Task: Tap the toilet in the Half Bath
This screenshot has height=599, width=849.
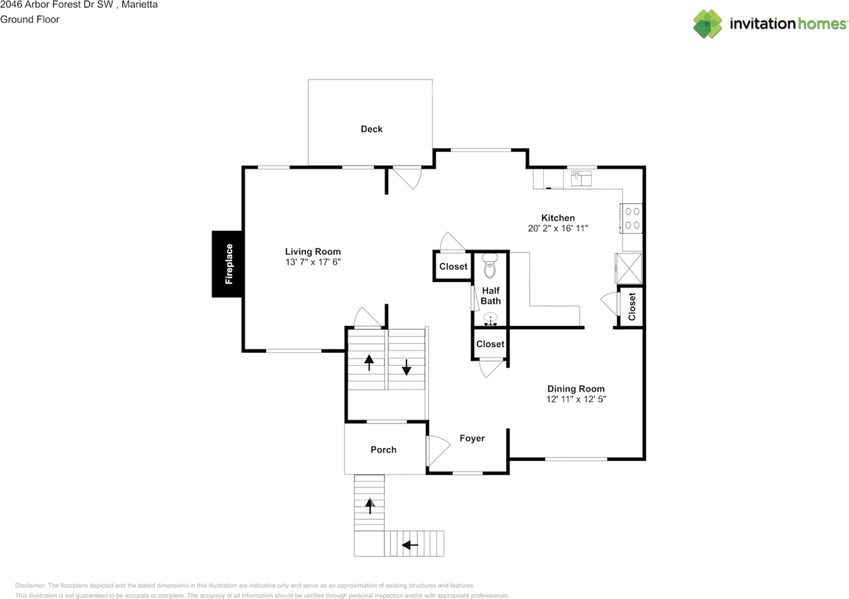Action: point(490,266)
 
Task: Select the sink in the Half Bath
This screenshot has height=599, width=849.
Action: point(490,321)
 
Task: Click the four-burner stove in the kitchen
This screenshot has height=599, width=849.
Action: point(632,218)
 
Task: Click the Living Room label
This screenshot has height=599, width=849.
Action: point(312,252)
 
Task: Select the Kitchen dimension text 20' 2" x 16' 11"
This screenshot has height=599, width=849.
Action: point(558,228)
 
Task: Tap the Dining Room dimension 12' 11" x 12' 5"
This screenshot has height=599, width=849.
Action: point(576,399)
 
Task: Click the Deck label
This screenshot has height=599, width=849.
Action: point(371,129)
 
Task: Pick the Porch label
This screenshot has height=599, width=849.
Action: point(383,450)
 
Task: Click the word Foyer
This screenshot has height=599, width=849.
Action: point(472,438)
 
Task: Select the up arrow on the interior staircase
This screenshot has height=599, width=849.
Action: point(369,363)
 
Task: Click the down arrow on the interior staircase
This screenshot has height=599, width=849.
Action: point(406,366)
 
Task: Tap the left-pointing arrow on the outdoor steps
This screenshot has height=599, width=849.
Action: point(411,545)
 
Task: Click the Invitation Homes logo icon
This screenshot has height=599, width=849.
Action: point(708,24)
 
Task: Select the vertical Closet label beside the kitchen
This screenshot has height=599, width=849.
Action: point(631,307)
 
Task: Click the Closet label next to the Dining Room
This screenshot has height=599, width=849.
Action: point(490,344)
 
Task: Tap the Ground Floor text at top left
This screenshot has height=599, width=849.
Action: point(30,19)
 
